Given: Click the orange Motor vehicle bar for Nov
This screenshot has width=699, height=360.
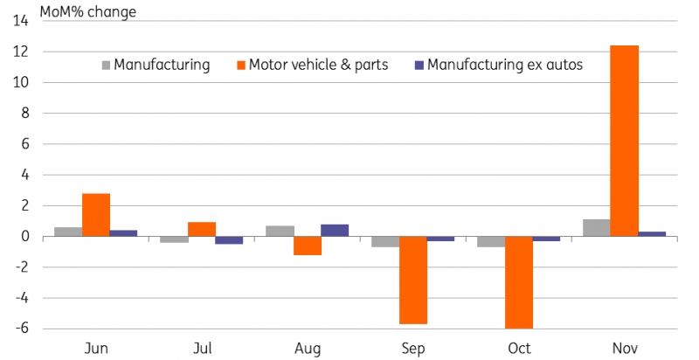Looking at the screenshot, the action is click(x=624, y=141).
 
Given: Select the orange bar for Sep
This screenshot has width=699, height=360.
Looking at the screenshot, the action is click(x=412, y=280).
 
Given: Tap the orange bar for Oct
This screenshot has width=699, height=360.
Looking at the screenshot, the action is click(x=518, y=282).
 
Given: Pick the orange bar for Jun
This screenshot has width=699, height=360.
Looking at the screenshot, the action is click(x=96, y=215).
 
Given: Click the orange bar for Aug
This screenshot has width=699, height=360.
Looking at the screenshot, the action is click(x=308, y=246).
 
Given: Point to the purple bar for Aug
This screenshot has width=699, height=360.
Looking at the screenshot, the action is click(x=335, y=231).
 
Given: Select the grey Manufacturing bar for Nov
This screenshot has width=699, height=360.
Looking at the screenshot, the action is click(x=597, y=228).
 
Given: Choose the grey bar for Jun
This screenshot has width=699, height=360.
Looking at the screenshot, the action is click(x=68, y=232).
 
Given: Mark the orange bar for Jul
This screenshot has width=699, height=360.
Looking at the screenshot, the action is click(x=202, y=230).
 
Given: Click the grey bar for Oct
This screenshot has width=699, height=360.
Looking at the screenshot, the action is click(x=491, y=241).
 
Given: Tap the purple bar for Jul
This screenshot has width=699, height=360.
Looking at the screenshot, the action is click(x=229, y=240).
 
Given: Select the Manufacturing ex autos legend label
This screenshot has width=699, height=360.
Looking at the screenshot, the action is click(x=505, y=65).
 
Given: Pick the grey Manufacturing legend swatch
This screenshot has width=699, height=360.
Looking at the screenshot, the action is click(x=106, y=66).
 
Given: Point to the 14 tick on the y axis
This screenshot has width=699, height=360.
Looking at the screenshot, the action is click(x=21, y=21).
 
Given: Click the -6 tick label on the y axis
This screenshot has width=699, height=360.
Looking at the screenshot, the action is click(x=23, y=329).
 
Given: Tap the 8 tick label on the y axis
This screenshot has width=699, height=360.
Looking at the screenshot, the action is click(x=24, y=114).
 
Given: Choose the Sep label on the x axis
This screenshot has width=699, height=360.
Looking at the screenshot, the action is click(x=413, y=349).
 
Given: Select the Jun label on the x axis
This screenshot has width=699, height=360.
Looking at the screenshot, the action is click(x=96, y=348).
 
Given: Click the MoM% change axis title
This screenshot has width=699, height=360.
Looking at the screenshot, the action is click(x=88, y=11).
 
